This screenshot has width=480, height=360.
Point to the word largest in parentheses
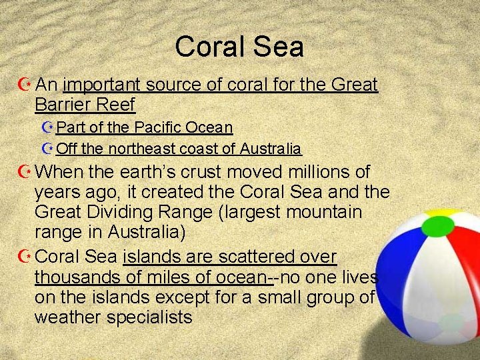[x=243, y=213]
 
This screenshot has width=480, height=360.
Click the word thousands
[x=76, y=277]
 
